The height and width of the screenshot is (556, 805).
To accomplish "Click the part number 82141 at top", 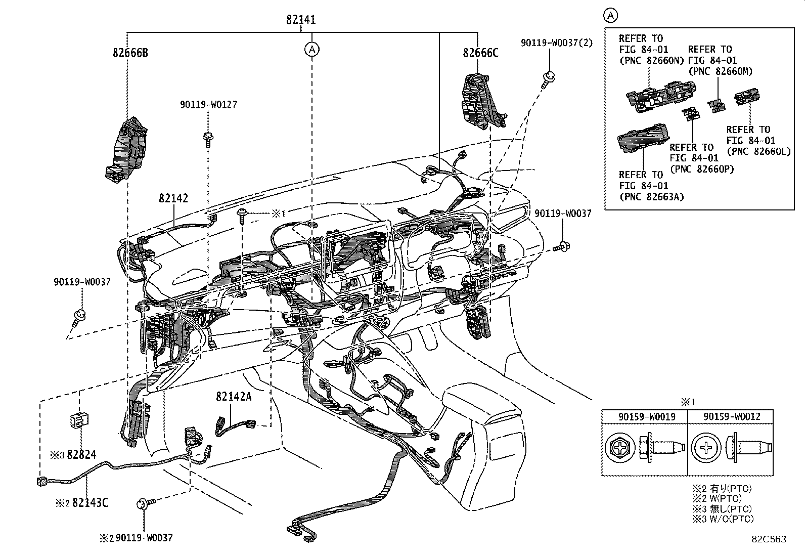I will point(301,20).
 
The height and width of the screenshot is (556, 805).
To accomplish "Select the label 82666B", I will point(130,53).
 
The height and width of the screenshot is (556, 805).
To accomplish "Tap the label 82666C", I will point(480,53).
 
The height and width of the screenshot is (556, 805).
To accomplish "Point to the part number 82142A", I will point(234,397).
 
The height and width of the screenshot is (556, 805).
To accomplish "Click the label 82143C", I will point(90,502).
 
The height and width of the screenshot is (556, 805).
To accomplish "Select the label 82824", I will point(82,455).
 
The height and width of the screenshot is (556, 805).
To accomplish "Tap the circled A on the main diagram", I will point(312,49).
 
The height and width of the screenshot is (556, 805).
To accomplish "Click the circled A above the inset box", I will point(611,16).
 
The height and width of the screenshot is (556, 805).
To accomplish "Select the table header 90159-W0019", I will point(644,416).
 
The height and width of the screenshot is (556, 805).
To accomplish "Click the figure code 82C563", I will point(769,539).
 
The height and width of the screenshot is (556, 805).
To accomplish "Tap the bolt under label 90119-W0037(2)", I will point(548,79).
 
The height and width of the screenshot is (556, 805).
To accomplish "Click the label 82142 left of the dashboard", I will point(173,198).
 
